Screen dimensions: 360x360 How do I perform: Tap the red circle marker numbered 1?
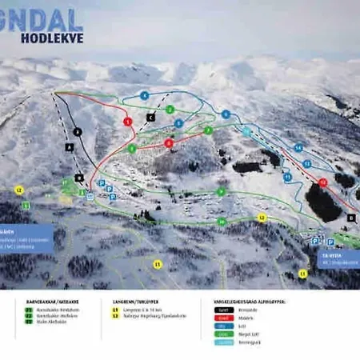point(127,121)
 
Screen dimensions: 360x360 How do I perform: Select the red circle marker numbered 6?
point(169,143)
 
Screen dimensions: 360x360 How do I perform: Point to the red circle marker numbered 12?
point(322,182)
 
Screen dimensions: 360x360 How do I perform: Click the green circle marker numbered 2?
point(170,110)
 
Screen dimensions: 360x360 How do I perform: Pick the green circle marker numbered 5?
point(132,148)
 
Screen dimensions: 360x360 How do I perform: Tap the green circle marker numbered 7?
point(208,130)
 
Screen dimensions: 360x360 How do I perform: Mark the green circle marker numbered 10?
point(222,222)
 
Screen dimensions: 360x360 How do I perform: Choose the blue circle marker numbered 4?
point(144,95)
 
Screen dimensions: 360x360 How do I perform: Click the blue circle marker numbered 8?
point(178,124)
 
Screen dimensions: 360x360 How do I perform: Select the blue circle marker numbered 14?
point(298,148)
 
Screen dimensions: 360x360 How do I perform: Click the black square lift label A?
point(70,147)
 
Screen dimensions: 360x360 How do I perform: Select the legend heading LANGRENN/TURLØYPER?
point(135,302)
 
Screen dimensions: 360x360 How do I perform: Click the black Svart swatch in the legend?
point(223,309)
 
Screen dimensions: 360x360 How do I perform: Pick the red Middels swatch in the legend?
point(223,316)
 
